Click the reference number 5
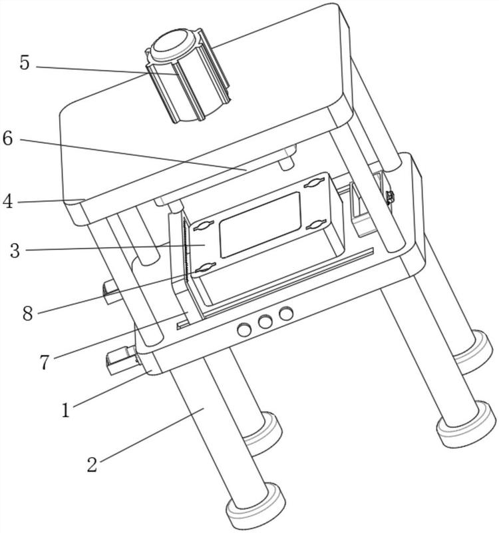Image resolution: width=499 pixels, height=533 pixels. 25,63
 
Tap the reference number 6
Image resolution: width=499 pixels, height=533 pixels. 7,139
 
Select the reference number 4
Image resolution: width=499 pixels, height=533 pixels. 7,201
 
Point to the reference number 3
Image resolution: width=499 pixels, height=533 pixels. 15,251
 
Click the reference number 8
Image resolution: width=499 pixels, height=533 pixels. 28,313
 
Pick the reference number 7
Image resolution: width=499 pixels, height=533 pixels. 45,362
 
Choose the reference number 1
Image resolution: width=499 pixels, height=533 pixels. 65,410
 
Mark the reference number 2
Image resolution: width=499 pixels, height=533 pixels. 92,464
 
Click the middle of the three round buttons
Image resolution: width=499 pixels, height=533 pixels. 265,322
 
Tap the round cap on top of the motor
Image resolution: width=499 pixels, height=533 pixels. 173,43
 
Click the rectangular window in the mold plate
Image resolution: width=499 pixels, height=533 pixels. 260,225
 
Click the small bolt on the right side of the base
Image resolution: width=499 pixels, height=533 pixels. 391,197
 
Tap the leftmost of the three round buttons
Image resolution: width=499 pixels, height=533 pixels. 244,330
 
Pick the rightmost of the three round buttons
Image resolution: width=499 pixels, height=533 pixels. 286,313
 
